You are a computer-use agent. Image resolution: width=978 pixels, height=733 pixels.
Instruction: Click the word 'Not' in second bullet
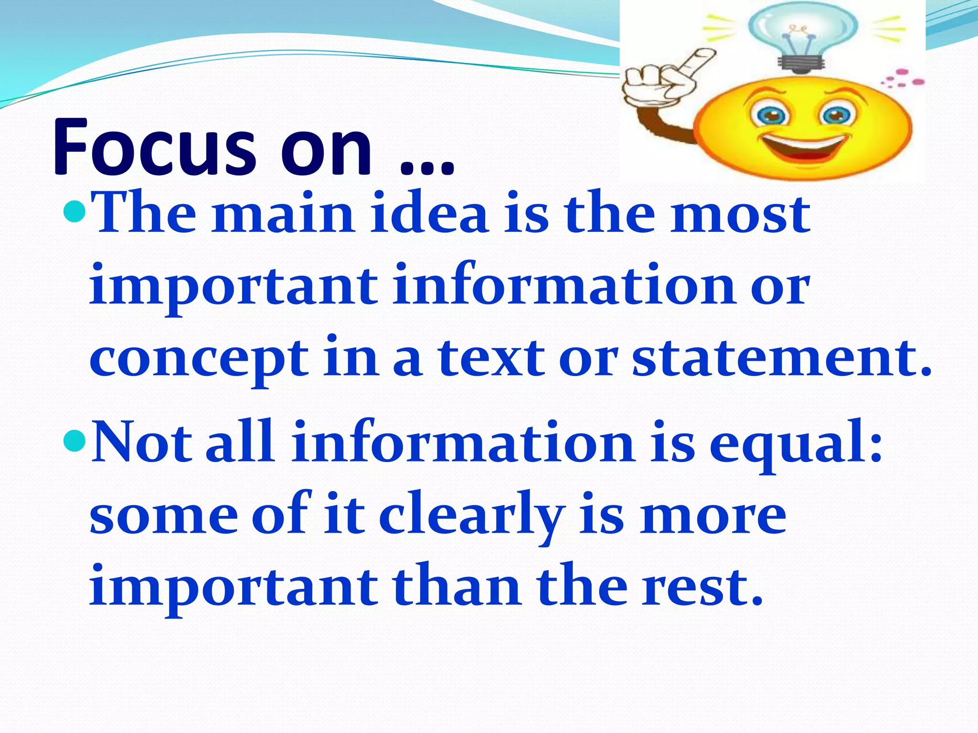tap(141, 442)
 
